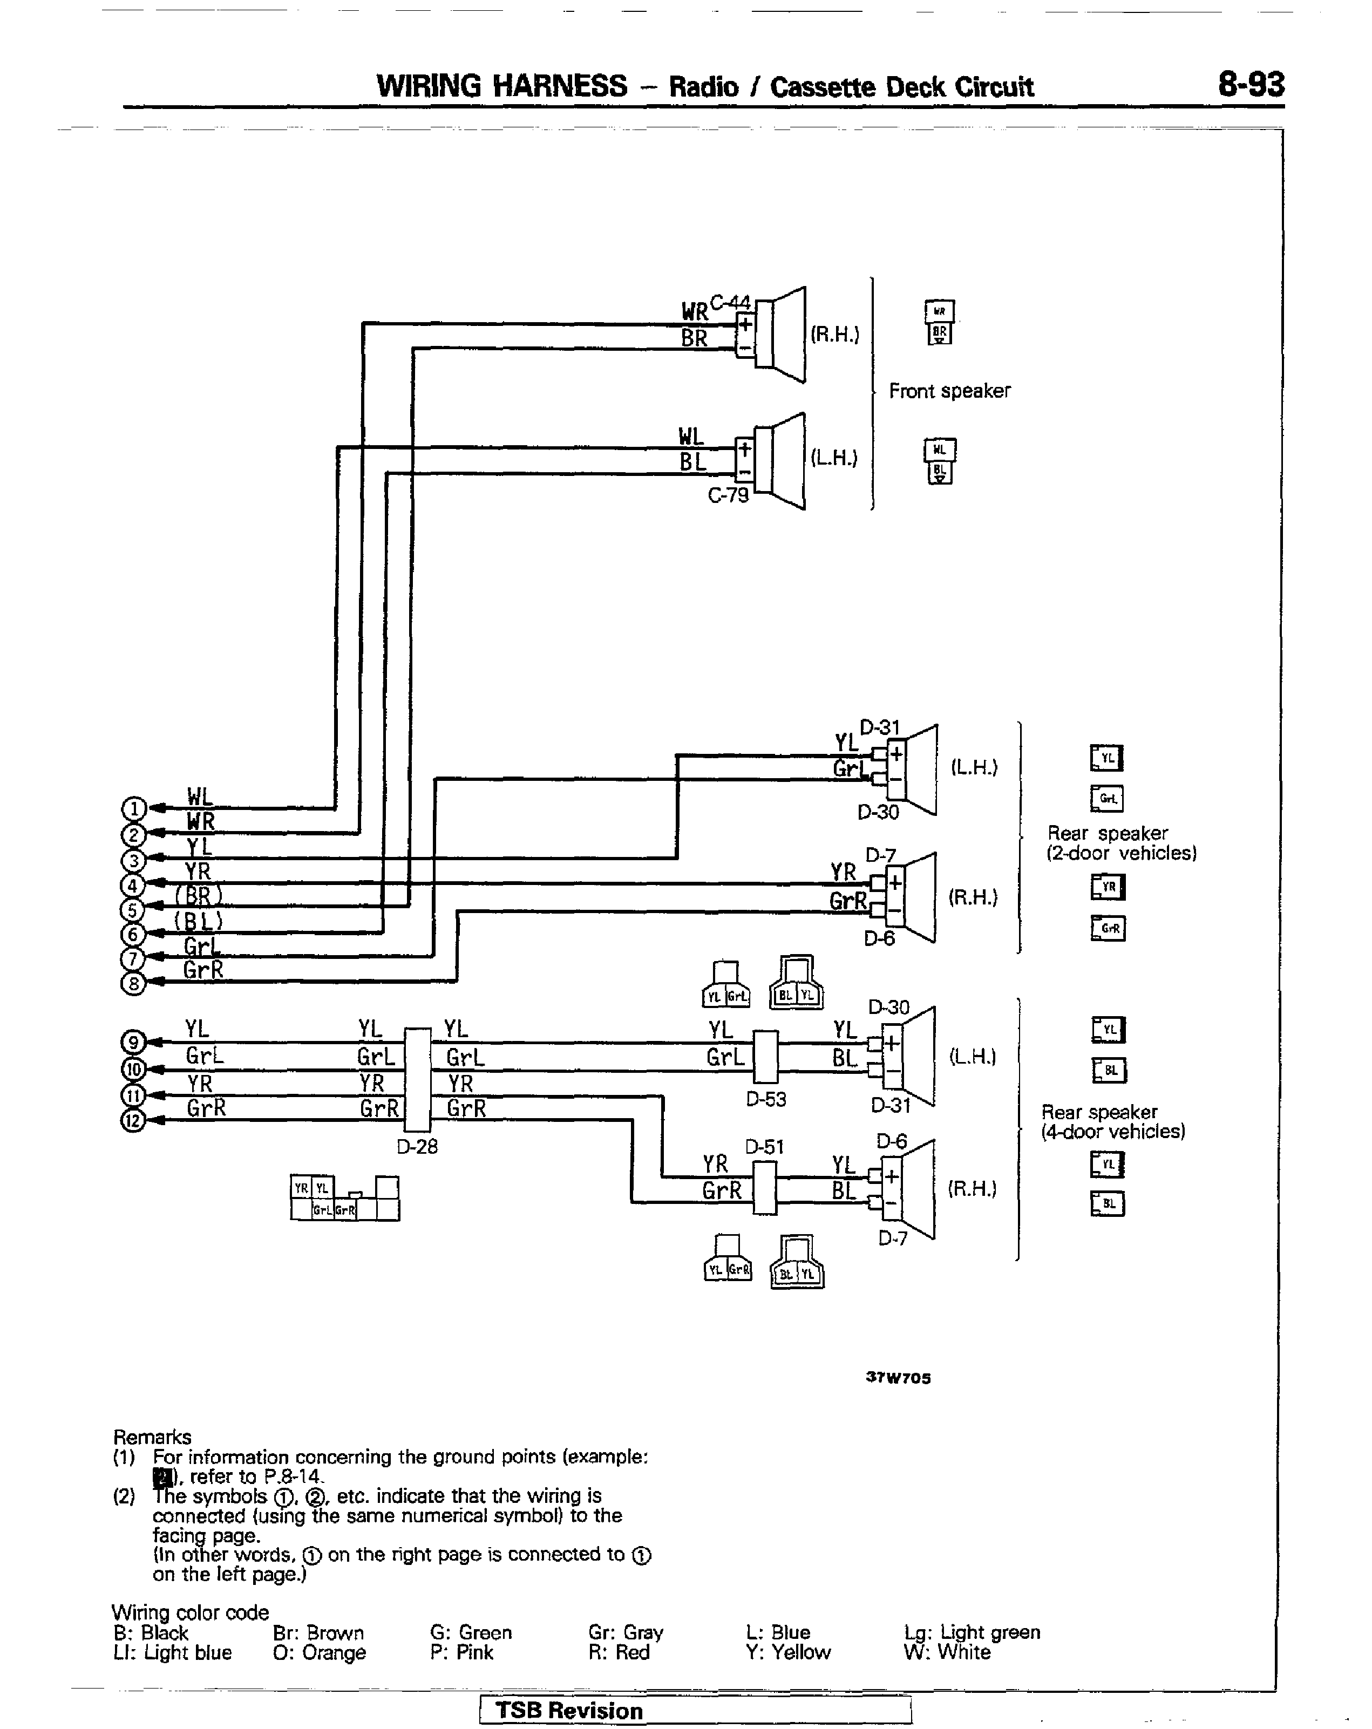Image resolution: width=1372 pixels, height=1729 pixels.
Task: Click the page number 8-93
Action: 1250,84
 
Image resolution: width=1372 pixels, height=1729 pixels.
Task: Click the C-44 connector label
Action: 730,302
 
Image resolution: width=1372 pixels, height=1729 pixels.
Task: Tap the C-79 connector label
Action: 728,495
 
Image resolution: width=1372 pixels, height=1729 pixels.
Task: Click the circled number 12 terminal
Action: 133,1120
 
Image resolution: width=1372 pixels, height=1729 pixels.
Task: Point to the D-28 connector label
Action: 417,1147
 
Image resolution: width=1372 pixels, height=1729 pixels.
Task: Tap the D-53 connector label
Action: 766,1099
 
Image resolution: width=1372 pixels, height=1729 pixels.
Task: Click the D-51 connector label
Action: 764,1147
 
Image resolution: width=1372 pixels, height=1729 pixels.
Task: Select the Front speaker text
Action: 949,391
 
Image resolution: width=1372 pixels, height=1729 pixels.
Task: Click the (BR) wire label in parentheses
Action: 198,895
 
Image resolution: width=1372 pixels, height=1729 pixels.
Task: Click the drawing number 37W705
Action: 898,1378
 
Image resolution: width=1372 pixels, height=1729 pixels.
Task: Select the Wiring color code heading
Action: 190,1612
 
